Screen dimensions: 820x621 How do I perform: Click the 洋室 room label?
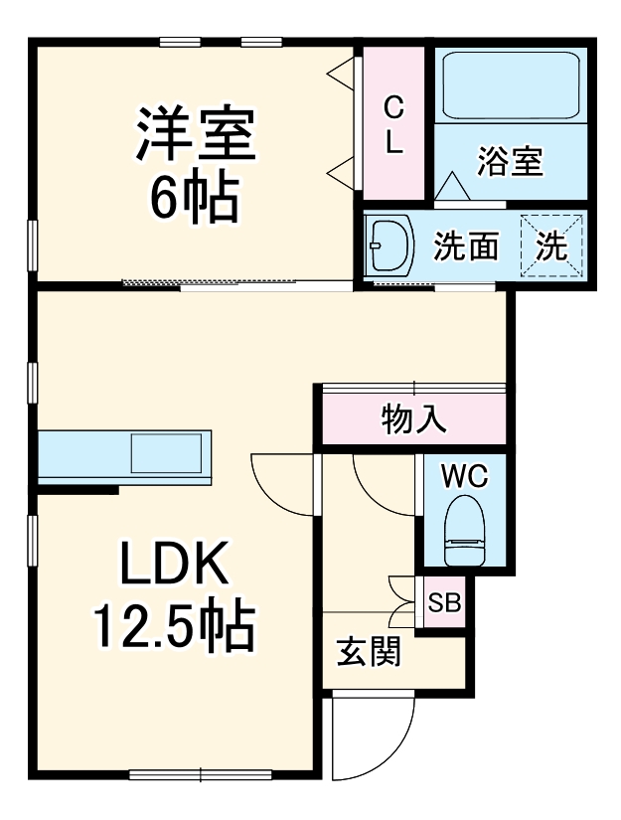coord(196,136)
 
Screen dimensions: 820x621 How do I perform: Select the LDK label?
coord(176,566)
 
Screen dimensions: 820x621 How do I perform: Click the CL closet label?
coord(393,124)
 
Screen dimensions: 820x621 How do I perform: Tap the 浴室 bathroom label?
coord(510,161)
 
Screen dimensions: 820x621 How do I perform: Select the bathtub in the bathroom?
coord(509,86)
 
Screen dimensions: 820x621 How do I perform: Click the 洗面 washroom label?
coord(465,247)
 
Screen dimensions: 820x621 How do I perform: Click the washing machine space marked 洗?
coord(551,246)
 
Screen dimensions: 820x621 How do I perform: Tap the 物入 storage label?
coord(412,421)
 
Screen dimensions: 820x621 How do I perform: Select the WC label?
coord(465,476)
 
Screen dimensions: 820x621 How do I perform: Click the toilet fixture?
coord(464,532)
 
